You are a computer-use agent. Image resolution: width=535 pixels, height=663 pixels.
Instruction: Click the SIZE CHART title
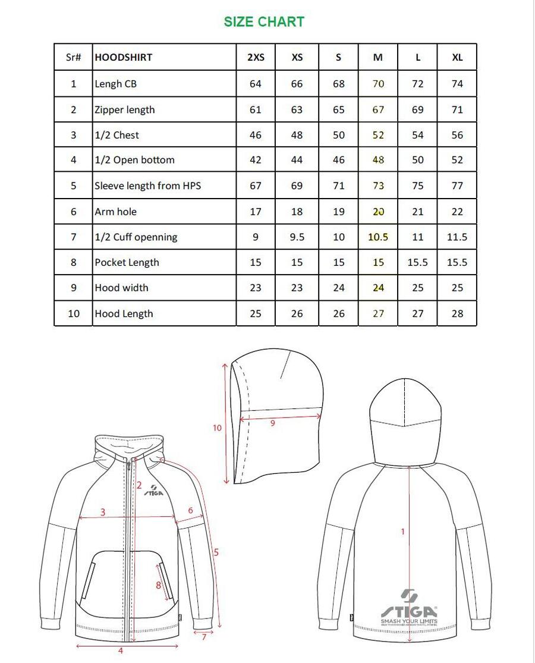coord(264,22)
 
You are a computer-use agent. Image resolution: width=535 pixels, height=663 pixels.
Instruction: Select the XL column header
coord(457,58)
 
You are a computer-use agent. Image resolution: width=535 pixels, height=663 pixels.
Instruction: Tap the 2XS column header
coord(256,58)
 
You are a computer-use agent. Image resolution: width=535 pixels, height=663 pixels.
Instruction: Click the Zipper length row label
coord(125,109)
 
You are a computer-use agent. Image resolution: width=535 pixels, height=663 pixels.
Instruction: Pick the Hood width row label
coord(122,288)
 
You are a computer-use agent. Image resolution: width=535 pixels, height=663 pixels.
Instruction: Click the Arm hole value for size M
coord(378,212)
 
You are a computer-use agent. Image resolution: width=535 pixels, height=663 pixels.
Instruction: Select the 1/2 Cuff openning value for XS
coord(297,237)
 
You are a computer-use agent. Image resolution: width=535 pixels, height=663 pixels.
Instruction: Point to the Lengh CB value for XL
coord(457,84)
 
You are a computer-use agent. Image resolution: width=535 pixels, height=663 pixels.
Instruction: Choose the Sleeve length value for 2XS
coord(256,186)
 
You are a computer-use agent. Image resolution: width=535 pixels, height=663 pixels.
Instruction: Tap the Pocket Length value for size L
coord(418,262)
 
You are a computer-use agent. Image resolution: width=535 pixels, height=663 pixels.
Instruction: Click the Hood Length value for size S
coord(339,313)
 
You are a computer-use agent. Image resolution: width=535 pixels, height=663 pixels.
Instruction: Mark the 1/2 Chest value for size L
coord(418,135)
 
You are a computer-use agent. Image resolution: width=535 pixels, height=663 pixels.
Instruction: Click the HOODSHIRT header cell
coord(124,58)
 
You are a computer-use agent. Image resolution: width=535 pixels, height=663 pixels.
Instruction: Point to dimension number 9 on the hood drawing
coord(273,423)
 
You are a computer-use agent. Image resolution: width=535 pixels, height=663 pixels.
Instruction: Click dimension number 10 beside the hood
coord(217,428)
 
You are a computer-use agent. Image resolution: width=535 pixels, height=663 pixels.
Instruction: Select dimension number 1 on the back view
coord(402,532)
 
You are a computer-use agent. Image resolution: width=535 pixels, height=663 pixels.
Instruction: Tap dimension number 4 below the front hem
coord(121,651)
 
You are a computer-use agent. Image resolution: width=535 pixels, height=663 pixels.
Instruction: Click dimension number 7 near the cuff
coord(204,637)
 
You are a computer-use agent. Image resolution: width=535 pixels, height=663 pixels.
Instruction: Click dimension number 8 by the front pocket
coord(158,585)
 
